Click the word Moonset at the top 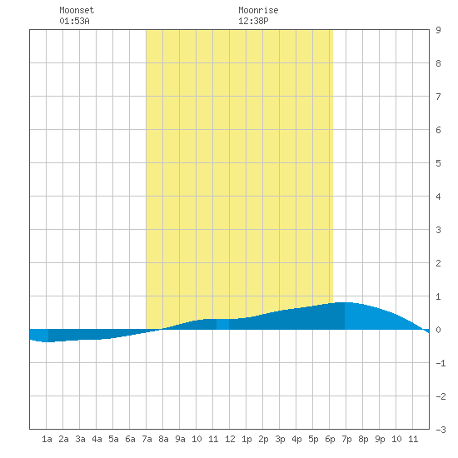(77, 10)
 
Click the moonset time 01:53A (74, 21)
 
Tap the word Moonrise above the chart (258, 10)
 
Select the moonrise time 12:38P (253, 21)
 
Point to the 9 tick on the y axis (438, 30)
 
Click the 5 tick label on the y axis (438, 163)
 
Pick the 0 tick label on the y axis (438, 330)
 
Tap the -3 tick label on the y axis (441, 430)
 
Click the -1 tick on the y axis (441, 363)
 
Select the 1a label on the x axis (47, 439)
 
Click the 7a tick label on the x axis (147, 439)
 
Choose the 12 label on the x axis (230, 439)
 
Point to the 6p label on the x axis (330, 439)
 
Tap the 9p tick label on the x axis (380, 439)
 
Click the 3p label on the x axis (280, 439)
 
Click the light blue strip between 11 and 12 (222, 324)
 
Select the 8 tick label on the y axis (438, 63)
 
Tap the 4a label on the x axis (97, 439)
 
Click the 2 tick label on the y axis (438, 263)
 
